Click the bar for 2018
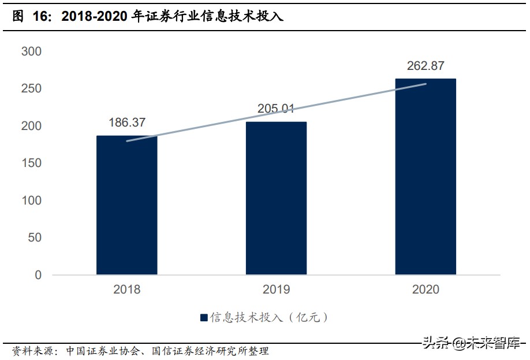pyautogui.click(x=126, y=205)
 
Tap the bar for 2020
pyautogui.click(x=426, y=176)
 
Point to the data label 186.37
pyautogui.click(x=127, y=123)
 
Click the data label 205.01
pyautogui.click(x=276, y=109)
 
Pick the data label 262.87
pyautogui.click(x=426, y=66)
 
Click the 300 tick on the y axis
pyautogui.click(x=31, y=51)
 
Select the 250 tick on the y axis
pyautogui.click(x=31, y=88)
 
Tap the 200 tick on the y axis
pyautogui.click(x=31, y=126)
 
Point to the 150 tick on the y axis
pyautogui.click(x=31, y=163)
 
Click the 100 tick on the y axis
pyautogui.click(x=31, y=201)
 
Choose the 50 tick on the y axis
pyautogui.click(x=35, y=237)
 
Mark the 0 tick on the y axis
pyautogui.click(x=38, y=275)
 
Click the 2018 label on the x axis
pyautogui.click(x=126, y=290)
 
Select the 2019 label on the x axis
pyautogui.click(x=276, y=290)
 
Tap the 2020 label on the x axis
pyautogui.click(x=426, y=290)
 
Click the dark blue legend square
pyautogui.click(x=204, y=317)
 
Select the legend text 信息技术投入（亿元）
pyautogui.click(x=269, y=317)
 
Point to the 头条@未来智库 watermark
pyautogui.click(x=471, y=343)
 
